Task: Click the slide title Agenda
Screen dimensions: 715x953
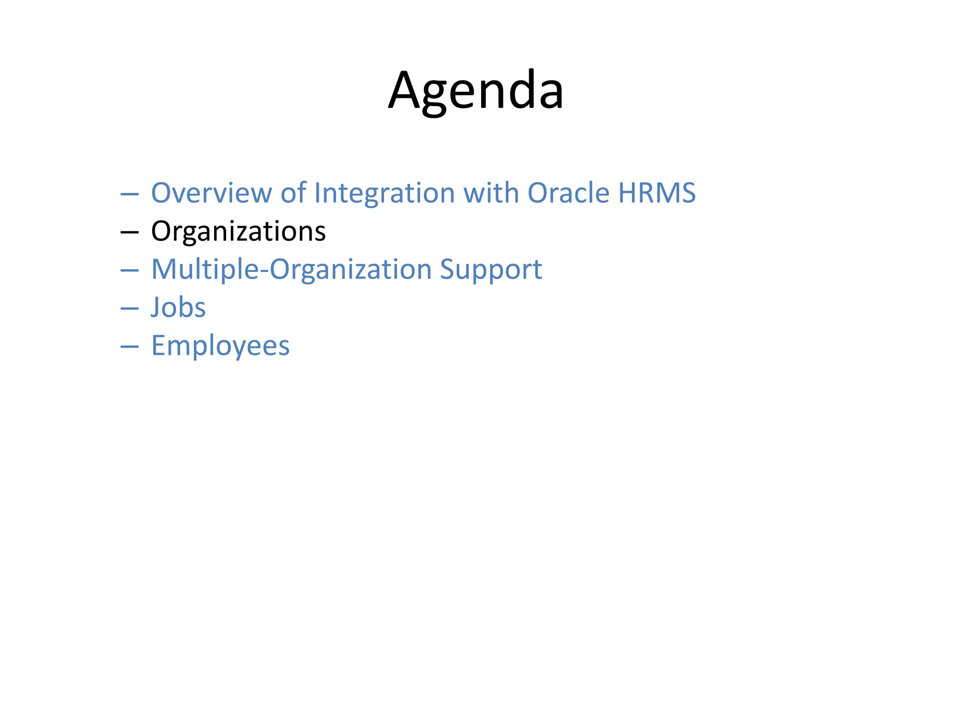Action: [476, 91]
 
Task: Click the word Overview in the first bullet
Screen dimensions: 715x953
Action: [211, 193]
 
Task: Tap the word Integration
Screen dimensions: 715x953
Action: [384, 193]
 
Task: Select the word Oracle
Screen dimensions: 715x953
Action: [568, 193]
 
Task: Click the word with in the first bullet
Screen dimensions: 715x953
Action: [491, 193]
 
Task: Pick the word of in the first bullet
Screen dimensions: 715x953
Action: [293, 193]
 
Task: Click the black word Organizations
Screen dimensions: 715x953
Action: [238, 231]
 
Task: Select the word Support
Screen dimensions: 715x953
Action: [491, 270]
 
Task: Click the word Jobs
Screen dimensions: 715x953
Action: [178, 308]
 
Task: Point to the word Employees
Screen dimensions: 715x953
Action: [220, 346]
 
